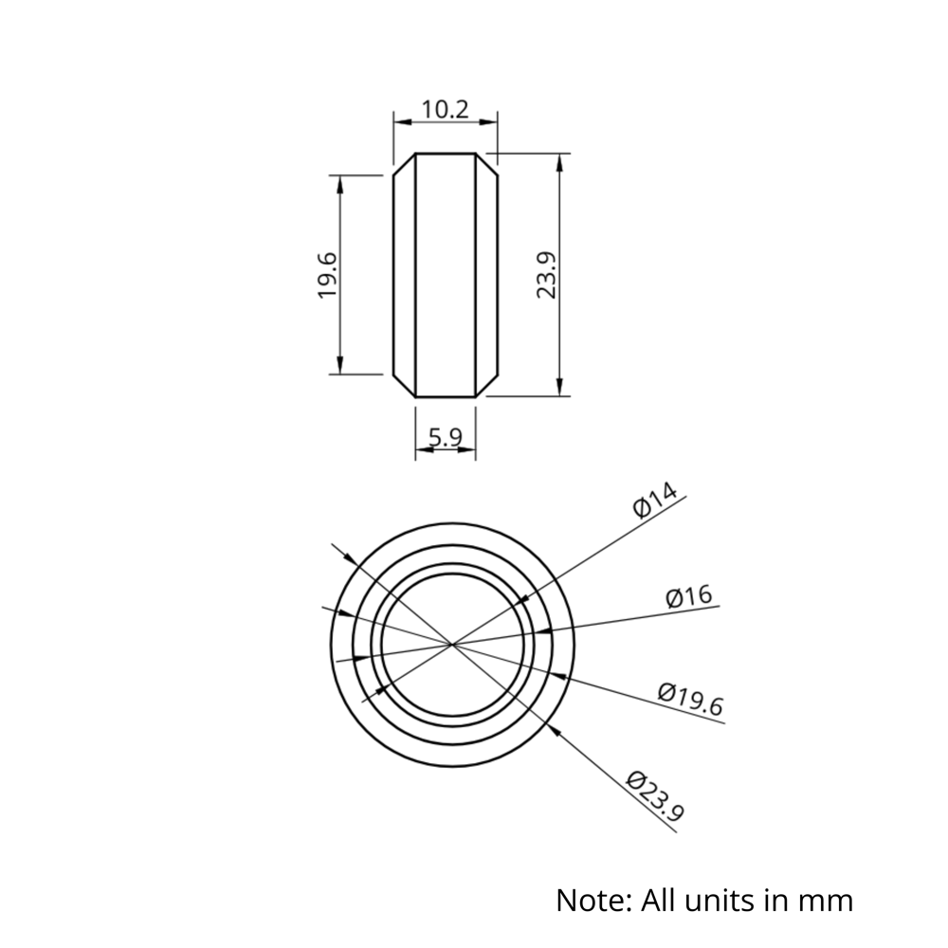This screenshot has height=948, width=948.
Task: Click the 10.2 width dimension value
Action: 446,109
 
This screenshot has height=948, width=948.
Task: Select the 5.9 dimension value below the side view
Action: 446,437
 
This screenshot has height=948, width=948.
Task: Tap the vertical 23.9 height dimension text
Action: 547,275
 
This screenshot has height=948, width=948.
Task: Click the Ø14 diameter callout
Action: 655,500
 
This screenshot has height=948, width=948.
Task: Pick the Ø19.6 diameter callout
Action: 691,700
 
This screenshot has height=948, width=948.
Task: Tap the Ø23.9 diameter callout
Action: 655,794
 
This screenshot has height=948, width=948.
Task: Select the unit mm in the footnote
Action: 829,899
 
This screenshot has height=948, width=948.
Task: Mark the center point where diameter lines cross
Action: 452,645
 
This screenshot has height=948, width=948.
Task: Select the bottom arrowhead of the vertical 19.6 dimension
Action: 339,368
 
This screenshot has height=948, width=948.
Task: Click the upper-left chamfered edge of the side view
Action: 404,163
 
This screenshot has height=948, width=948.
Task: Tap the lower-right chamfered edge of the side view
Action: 486,385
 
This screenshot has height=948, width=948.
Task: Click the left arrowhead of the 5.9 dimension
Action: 422,449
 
